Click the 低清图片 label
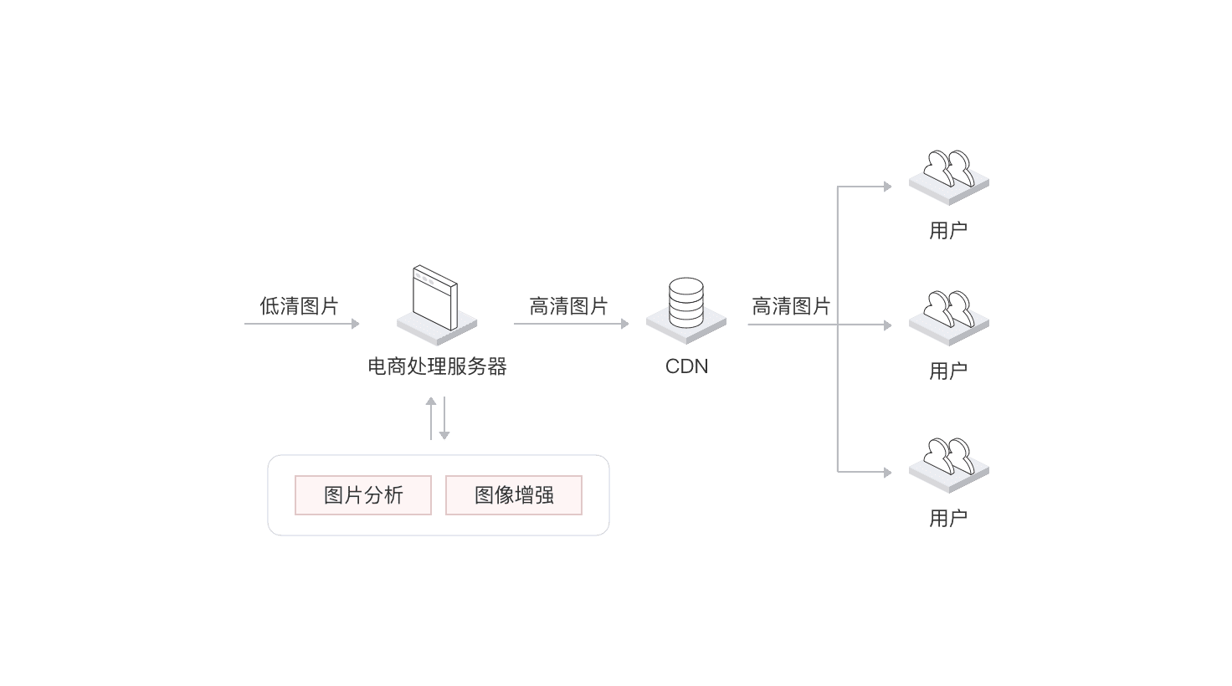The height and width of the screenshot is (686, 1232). click(x=299, y=306)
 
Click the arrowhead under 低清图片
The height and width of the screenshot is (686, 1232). click(x=356, y=324)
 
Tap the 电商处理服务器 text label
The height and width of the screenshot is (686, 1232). click(x=437, y=366)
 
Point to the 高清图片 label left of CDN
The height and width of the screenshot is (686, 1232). click(x=568, y=306)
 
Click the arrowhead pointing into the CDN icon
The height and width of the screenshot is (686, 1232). click(x=625, y=324)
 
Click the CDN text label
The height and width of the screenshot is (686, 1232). click(x=686, y=366)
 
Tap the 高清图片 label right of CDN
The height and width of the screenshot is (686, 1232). click(x=791, y=306)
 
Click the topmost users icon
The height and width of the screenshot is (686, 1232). click(x=949, y=177)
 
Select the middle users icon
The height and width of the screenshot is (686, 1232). click(x=949, y=318)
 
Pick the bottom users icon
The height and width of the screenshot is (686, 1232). click(x=949, y=465)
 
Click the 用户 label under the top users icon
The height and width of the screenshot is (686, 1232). click(x=948, y=230)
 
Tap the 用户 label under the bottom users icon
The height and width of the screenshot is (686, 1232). click(x=948, y=519)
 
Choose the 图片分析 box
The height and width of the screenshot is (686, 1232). click(x=363, y=495)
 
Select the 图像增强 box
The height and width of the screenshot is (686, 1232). click(x=514, y=495)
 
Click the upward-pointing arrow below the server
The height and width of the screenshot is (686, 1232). click(x=431, y=418)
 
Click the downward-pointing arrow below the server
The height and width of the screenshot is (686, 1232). click(x=444, y=418)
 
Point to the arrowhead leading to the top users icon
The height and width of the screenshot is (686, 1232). click(x=888, y=187)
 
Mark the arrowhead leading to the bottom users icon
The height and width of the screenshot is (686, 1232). click(x=888, y=472)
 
